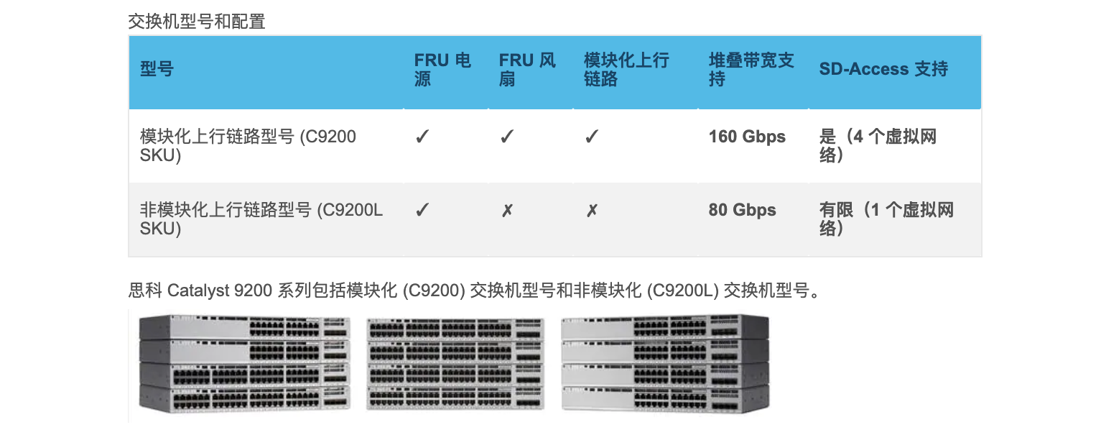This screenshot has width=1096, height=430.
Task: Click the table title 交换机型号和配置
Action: click(197, 22)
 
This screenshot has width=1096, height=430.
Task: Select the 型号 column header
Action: click(157, 70)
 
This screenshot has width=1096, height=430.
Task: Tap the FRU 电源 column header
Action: click(442, 70)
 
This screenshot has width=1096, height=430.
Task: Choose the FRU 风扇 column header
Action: click(527, 70)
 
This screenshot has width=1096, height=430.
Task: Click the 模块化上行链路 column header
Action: click(626, 70)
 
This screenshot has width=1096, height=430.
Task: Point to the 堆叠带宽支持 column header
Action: click(751, 70)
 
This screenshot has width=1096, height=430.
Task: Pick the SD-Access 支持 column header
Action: click(883, 69)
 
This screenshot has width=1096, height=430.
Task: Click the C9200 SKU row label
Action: click(248, 145)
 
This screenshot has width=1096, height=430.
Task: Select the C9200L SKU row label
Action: click(261, 219)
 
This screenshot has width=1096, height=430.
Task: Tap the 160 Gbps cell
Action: click(747, 137)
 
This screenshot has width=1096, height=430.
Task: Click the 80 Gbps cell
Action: click(742, 211)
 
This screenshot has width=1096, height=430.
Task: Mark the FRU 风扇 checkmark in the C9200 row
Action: click(507, 137)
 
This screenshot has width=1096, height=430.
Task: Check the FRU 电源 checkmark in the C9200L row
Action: click(422, 211)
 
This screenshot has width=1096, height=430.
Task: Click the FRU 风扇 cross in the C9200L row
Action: click(507, 211)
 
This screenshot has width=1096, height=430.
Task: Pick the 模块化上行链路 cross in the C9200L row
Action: click(592, 211)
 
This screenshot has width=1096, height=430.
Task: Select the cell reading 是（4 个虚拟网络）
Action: click(878, 145)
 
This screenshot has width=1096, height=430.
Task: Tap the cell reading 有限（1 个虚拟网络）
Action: click(886, 219)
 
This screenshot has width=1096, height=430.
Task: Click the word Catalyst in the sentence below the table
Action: click(198, 291)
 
